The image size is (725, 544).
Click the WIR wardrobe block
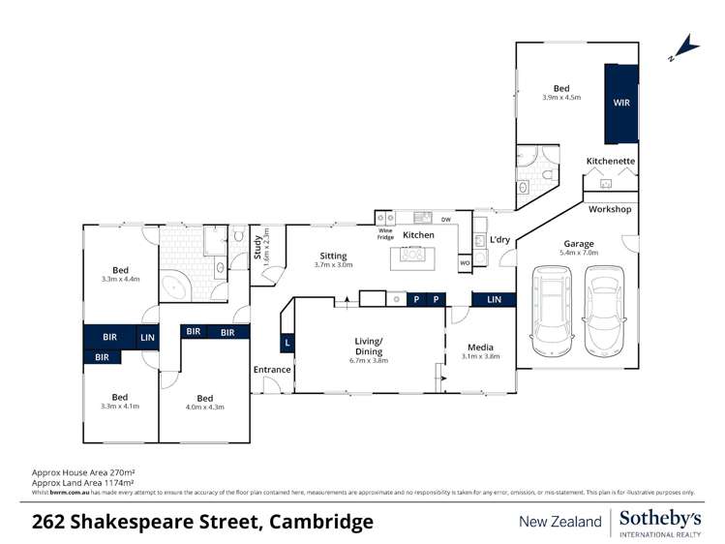tap(620, 103)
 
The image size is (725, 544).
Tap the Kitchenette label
tap(611, 161)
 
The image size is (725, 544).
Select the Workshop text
tap(610, 209)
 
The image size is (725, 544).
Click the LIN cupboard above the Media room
tap(494, 300)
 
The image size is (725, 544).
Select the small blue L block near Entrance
tap(287, 343)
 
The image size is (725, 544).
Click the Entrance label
tap(272, 370)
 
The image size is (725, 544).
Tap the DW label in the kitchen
tap(446, 221)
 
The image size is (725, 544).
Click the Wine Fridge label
tap(385, 234)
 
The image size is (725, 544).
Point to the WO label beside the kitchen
tap(465, 262)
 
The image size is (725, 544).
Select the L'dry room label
tap(499, 239)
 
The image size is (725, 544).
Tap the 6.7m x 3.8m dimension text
tap(368, 361)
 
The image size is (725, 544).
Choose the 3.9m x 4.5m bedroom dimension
tap(561, 98)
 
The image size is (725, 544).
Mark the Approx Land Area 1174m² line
tap(82, 482)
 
